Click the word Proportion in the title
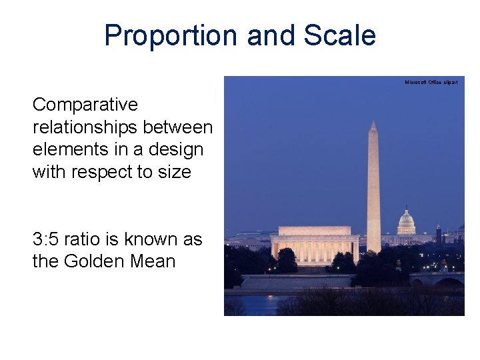click(x=171, y=36)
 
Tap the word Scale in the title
click(x=340, y=36)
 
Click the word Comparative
click(x=85, y=105)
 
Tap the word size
click(x=174, y=172)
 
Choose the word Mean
click(x=153, y=261)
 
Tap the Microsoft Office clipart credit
click(x=431, y=82)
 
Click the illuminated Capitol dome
click(x=406, y=222)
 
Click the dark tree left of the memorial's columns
click(x=287, y=260)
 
